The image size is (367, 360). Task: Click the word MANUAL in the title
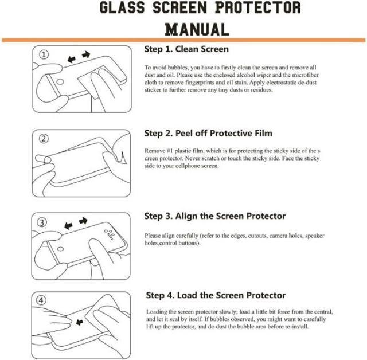197,29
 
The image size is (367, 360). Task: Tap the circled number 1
45,54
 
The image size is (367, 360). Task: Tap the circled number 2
45,139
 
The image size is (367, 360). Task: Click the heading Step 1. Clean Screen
186,49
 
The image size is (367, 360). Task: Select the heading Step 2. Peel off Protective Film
208,134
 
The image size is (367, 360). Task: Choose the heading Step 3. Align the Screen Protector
215,216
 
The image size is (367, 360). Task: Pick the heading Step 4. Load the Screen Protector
216,295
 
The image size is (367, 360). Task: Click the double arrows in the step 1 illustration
79,56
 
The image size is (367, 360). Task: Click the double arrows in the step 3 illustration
75,221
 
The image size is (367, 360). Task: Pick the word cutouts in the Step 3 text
265,236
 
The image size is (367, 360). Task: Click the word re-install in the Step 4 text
296,327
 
